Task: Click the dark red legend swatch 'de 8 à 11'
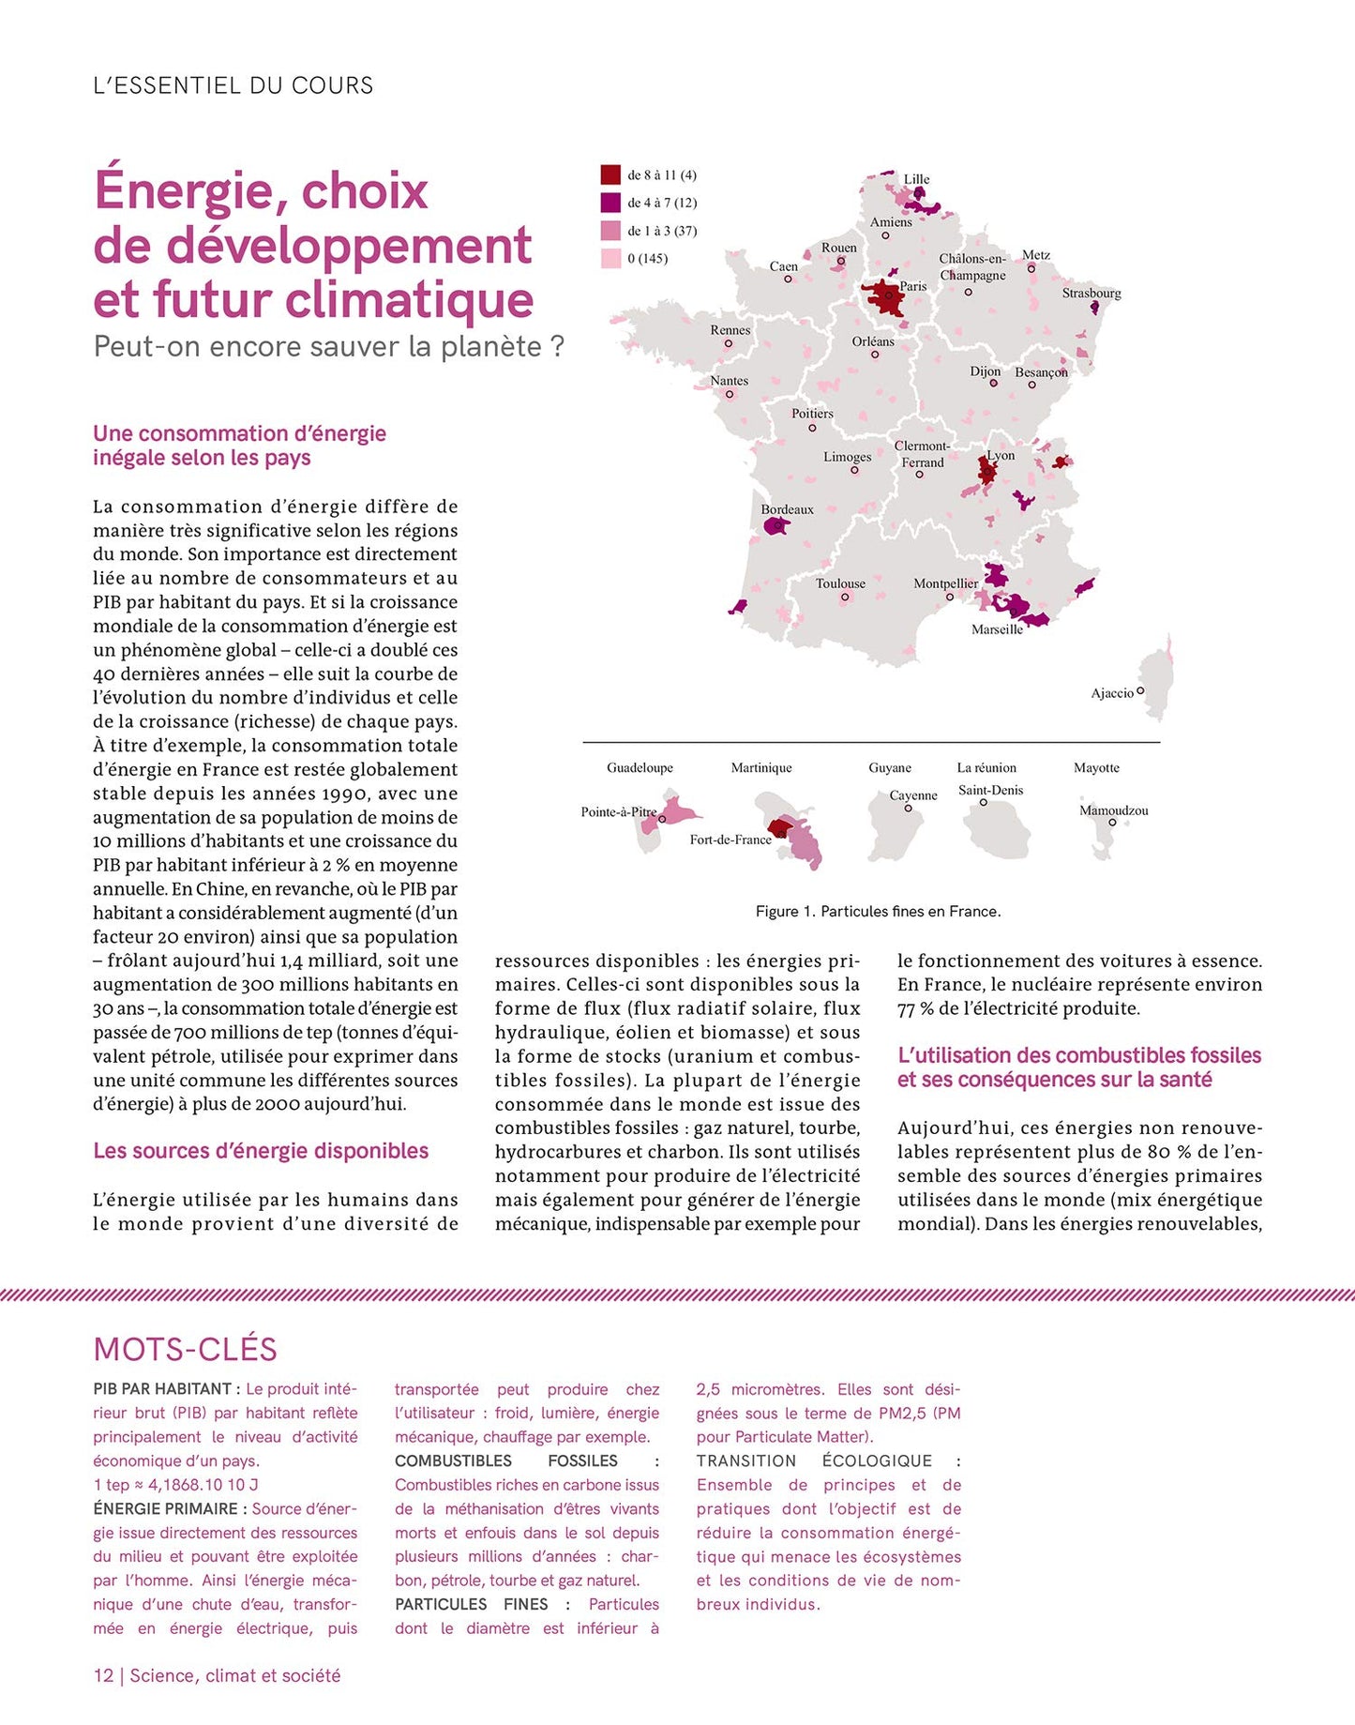610,175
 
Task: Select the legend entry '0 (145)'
647,259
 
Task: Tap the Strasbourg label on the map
1091,294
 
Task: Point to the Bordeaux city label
787,510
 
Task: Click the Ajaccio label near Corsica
1112,693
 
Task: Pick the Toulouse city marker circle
844,597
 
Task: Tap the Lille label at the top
916,179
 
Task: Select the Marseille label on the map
997,629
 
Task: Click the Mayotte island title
1096,767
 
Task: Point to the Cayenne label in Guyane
912,795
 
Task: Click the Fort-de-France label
730,840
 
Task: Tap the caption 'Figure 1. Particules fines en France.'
878,912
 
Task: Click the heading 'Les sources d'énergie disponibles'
261,1151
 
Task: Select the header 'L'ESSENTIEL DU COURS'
233,85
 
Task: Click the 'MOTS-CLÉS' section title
185,1349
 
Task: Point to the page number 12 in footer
103,1675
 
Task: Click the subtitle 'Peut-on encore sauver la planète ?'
328,347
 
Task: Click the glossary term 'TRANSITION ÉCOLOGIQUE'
814,1460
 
